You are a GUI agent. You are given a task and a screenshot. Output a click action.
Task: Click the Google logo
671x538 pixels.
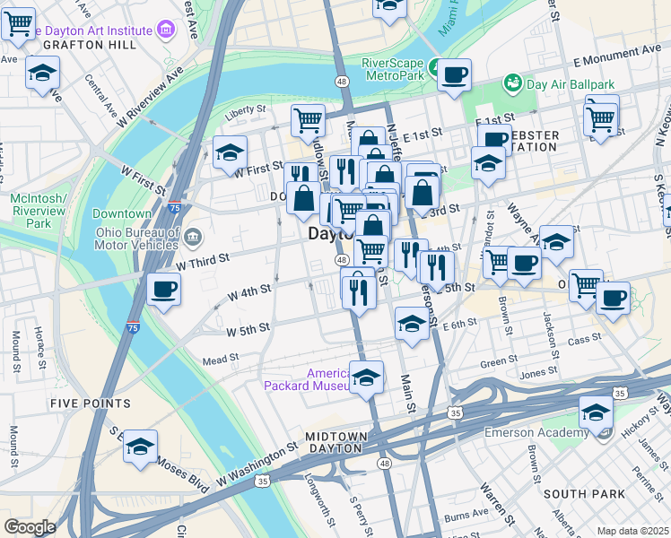(x=30, y=527)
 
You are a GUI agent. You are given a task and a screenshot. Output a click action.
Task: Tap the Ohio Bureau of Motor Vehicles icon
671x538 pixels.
(x=194, y=237)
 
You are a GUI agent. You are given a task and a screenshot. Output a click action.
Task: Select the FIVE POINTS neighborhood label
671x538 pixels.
(x=91, y=403)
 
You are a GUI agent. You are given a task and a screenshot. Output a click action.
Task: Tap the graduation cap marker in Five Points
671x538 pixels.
(x=140, y=447)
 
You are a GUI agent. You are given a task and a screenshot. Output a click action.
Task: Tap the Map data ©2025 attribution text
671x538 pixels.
(x=632, y=531)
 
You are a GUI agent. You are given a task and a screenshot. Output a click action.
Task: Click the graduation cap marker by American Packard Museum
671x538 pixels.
(x=366, y=377)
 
